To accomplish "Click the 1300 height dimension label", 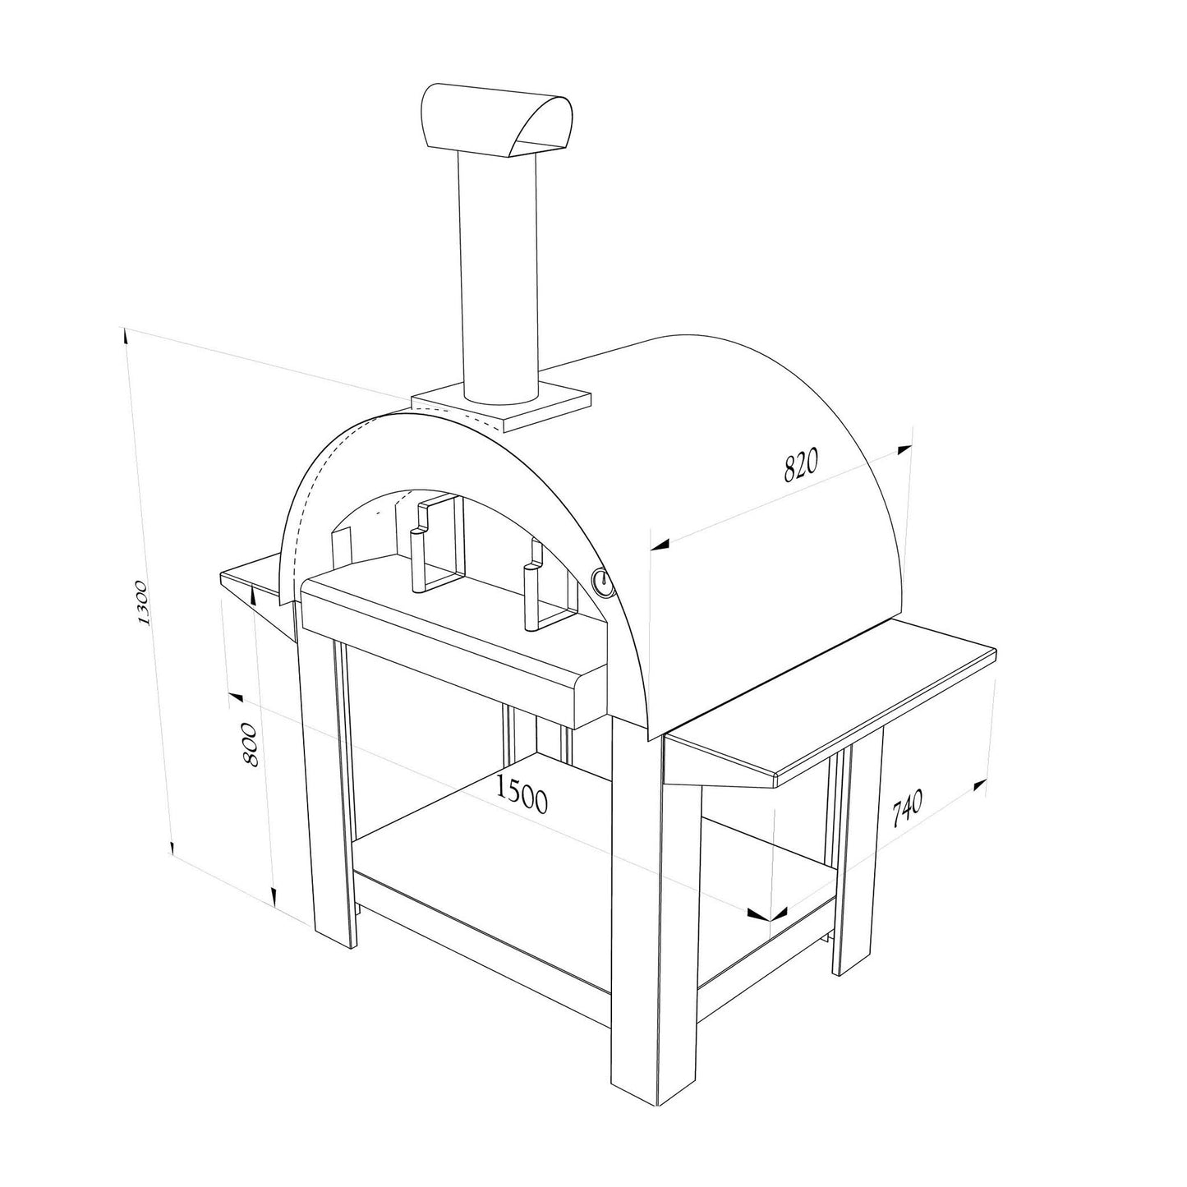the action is click(x=143, y=602).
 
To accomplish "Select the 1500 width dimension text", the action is click(x=521, y=795).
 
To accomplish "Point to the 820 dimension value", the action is click(x=801, y=466).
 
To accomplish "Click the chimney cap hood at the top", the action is click(x=496, y=122).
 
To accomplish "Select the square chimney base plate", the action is click(x=501, y=407).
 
